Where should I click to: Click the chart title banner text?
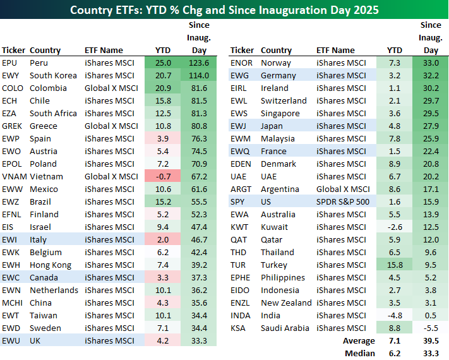tap(224, 9)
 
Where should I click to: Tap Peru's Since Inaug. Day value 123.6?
tap(199, 63)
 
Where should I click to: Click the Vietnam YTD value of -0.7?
tap(162, 176)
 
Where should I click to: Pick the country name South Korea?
tap(53, 75)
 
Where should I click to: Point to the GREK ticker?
tap(13, 126)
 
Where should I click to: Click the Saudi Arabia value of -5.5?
tap(431, 328)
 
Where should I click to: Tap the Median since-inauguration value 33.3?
tap(431, 354)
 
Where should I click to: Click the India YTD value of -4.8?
tap(394, 315)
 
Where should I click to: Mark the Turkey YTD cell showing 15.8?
tap(394, 265)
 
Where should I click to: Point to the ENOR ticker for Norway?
tap(242, 63)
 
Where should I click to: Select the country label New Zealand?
tap(285, 303)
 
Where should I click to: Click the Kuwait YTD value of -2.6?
tap(394, 227)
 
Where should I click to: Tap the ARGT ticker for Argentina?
tap(242, 189)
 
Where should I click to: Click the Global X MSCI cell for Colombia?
tap(111, 88)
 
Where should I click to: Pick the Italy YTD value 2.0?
tap(162, 239)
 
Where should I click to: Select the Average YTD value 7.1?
tap(394, 341)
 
